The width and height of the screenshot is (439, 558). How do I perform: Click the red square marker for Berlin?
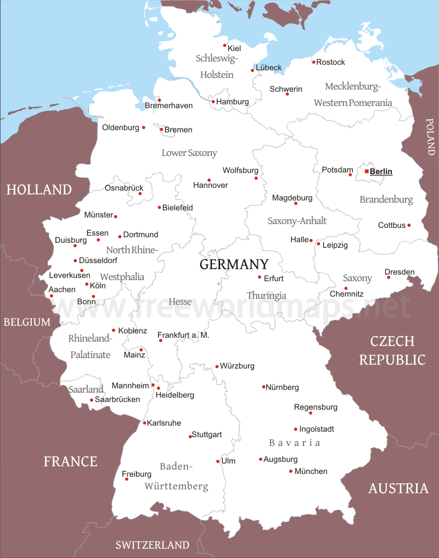[x=367, y=171]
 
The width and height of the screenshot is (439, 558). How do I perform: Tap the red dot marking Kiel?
[x=224, y=46]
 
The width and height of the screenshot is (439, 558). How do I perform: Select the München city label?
[x=311, y=471]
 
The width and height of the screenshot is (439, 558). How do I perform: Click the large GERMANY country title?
[x=234, y=264]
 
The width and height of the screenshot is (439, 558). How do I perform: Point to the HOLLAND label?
[x=39, y=190]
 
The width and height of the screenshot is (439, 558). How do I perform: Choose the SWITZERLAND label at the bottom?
[x=153, y=545]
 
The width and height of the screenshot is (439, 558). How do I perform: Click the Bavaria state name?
[x=294, y=443]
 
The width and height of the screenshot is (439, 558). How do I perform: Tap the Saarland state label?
[x=86, y=389]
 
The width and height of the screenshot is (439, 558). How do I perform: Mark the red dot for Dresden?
[x=389, y=277]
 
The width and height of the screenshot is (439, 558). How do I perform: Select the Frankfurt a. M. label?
[x=183, y=335]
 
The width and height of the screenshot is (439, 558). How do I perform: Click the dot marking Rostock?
[x=314, y=62]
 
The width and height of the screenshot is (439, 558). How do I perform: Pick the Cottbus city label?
[x=392, y=225]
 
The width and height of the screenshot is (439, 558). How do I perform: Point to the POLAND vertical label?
[x=430, y=137]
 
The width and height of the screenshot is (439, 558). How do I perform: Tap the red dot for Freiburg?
[x=127, y=479]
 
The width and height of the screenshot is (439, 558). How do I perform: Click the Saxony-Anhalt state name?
[x=297, y=221]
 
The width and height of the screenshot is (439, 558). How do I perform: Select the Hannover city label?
[x=210, y=185]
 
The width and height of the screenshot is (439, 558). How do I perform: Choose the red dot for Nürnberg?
[x=264, y=387]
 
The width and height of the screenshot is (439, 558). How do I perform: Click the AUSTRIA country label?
[x=398, y=488]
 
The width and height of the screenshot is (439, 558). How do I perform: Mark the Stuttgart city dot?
[x=190, y=437]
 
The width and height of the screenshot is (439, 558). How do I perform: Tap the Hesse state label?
[x=180, y=302]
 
